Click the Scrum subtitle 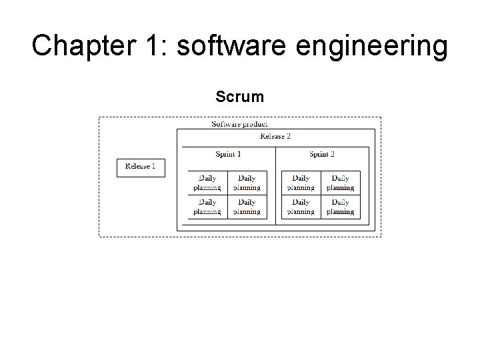click(x=239, y=97)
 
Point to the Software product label click(x=239, y=124)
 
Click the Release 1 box click(x=140, y=167)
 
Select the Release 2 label click(x=275, y=136)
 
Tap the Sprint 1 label click(x=228, y=154)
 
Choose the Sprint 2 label click(x=322, y=154)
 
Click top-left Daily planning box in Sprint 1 click(x=207, y=183)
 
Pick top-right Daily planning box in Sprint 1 click(x=247, y=183)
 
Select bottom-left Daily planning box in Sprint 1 click(x=207, y=207)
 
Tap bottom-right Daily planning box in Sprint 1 click(x=247, y=207)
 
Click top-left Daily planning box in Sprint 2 click(x=301, y=183)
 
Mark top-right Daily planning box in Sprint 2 click(x=340, y=183)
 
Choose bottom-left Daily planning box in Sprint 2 click(x=301, y=207)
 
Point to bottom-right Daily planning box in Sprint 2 click(x=340, y=207)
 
